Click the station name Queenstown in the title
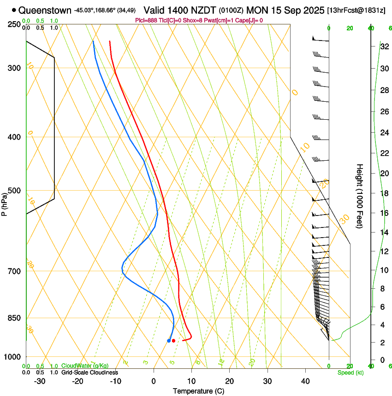[46, 10]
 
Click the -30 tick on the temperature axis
[40, 381]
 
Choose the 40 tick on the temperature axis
[305, 381]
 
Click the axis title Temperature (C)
[198, 391]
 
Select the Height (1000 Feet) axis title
[360, 196]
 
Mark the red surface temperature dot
[173, 341]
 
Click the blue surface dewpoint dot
[169, 341]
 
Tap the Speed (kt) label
[350, 373]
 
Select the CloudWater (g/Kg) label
[85, 366]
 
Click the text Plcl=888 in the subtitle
[146, 20]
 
